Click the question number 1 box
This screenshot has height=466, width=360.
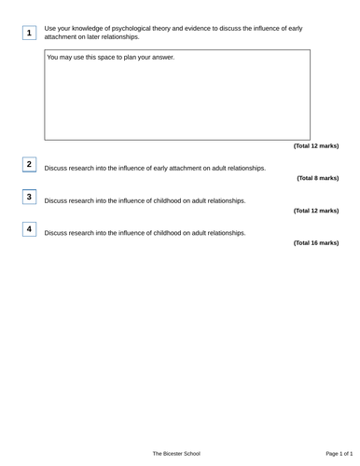coord(29,34)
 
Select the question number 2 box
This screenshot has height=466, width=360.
coord(29,165)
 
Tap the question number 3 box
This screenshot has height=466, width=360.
coord(29,198)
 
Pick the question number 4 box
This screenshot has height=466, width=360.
coord(29,229)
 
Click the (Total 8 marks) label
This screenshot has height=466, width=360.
coord(317,178)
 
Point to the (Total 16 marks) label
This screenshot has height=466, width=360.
coord(315,243)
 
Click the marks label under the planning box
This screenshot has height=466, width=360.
coord(315,146)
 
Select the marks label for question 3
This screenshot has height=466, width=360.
coord(315,211)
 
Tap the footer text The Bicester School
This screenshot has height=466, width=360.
coord(176,453)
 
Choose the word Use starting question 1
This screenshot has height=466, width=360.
coord(50,29)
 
